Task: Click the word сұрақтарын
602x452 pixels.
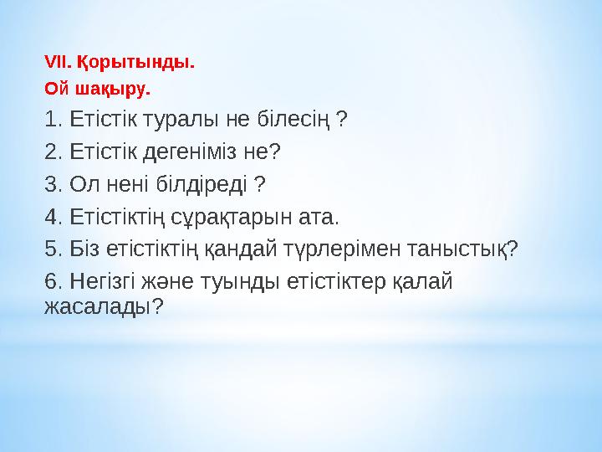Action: click(239, 218)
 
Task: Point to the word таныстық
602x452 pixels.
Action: click(456, 249)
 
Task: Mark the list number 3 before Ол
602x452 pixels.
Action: click(52, 184)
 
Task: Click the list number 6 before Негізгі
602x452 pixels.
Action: click(52, 281)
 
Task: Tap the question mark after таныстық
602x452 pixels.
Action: click(513, 249)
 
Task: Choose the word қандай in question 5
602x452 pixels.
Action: click(243, 249)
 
